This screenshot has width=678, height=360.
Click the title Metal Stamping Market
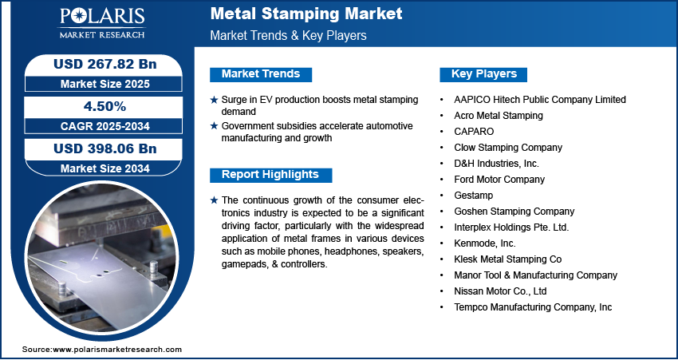pyautogui.click(x=306, y=14)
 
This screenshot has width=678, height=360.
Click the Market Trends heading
pyautogui.click(x=261, y=74)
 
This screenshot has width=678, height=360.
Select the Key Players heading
pyautogui.click(x=484, y=74)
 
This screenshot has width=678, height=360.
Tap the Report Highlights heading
pyautogui.click(x=270, y=175)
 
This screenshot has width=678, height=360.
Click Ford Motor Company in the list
pyautogui.click(x=499, y=179)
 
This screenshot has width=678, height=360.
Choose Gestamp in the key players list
pyautogui.click(x=474, y=195)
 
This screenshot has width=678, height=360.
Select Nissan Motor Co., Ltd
pyautogui.click(x=500, y=291)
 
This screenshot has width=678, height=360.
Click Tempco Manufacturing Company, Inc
pyautogui.click(x=533, y=307)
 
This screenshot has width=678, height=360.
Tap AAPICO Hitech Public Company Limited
pyautogui.click(x=540, y=99)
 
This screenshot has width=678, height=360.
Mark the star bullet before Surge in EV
pyautogui.click(x=214, y=100)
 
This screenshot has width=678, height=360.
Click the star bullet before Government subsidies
pyautogui.click(x=214, y=126)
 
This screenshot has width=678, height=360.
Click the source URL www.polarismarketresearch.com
pyautogui.click(x=118, y=350)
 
